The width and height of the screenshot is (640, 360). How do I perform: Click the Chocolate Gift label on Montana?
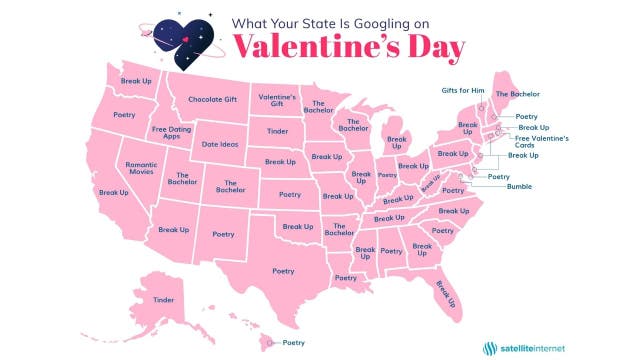[211, 100]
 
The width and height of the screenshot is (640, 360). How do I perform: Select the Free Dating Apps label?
[172, 132]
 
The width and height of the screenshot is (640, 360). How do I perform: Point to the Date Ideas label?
[224, 143]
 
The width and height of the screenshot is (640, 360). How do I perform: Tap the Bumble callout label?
[520, 186]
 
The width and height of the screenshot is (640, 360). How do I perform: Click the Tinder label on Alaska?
[164, 299]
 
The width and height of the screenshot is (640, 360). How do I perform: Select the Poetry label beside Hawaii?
[293, 343]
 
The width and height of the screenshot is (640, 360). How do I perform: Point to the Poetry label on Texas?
[284, 270]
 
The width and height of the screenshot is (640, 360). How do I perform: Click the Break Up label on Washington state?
[135, 79]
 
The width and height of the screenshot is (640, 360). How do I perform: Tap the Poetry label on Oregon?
[124, 115]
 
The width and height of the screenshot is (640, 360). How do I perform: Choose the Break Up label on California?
[114, 192]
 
